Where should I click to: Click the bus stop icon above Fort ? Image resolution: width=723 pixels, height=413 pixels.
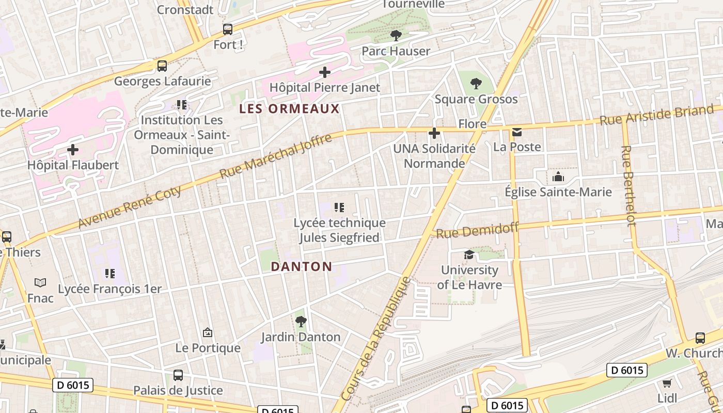click(x=227, y=29)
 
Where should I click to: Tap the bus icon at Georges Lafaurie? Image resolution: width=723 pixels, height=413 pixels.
click(x=162, y=66)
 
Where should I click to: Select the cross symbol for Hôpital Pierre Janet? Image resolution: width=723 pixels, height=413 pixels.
click(x=324, y=72)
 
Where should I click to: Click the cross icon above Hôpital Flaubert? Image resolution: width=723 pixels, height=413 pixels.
click(x=73, y=150)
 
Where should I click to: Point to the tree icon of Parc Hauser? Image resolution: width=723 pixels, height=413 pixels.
click(x=396, y=36)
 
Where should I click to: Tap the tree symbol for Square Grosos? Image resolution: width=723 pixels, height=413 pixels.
click(x=476, y=83)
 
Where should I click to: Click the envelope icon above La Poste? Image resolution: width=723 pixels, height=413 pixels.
click(x=517, y=132)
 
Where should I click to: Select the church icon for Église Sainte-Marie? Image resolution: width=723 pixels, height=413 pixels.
click(x=558, y=177)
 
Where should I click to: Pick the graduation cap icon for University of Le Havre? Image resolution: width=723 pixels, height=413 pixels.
click(x=469, y=255)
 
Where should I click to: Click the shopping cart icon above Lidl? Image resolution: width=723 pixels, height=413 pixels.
click(x=667, y=383)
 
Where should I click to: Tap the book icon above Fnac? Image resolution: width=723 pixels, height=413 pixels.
click(x=40, y=282)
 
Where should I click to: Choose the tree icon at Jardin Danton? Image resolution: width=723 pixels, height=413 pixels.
click(x=301, y=322)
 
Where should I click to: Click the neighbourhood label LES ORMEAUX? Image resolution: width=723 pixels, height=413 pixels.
click(x=289, y=109)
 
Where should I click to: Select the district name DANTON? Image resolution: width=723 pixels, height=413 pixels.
click(x=301, y=266)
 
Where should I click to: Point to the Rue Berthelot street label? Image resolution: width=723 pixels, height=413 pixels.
click(x=628, y=186)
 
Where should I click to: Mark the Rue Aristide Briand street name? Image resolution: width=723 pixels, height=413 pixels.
click(x=656, y=115)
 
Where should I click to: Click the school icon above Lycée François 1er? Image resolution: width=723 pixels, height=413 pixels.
click(x=109, y=274)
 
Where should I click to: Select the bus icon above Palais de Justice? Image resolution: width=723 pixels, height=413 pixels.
click(x=178, y=375)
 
